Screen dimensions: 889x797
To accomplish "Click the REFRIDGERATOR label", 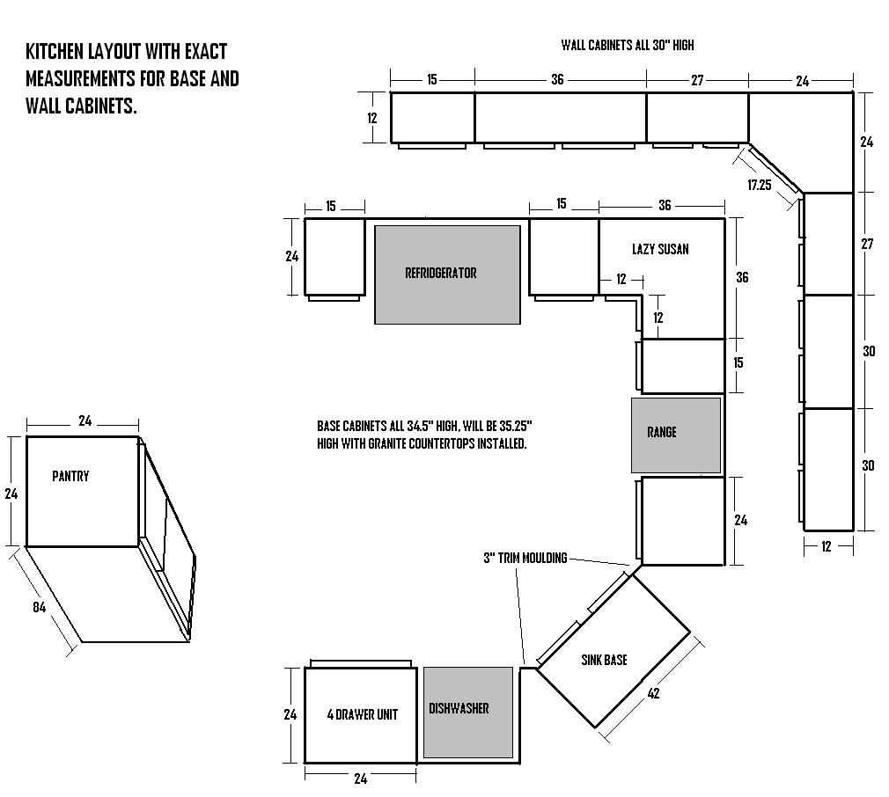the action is [440, 273].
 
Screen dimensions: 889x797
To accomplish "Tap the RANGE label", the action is [662, 432].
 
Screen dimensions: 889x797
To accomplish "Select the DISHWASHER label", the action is [459, 708].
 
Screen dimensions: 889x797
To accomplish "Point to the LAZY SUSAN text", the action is [660, 249].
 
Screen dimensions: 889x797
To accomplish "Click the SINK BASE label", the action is [605, 660].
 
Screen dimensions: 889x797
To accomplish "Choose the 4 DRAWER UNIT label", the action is [363, 714].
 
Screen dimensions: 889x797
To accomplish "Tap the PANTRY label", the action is [70, 476].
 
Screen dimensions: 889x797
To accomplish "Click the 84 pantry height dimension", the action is [39, 607].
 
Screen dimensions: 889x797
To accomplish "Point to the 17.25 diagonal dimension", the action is [759, 185].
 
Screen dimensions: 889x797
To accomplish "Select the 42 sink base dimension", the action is [654, 693].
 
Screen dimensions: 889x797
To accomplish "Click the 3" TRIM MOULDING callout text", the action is [525, 558].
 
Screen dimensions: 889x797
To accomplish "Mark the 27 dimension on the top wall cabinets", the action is [697, 80].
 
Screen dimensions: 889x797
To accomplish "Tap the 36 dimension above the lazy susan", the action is [665, 205].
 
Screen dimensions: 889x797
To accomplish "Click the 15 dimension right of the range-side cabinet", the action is [738, 362].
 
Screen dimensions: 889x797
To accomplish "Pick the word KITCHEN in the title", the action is [55, 52].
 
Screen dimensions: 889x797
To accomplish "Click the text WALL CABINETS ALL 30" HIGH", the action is [628, 46].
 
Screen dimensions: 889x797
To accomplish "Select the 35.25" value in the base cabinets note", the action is [516, 426].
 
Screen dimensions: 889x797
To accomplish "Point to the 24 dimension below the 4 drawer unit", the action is [361, 779].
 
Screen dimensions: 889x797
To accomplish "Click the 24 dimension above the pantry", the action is [85, 420].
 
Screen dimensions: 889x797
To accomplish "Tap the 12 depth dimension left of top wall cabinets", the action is [372, 119].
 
